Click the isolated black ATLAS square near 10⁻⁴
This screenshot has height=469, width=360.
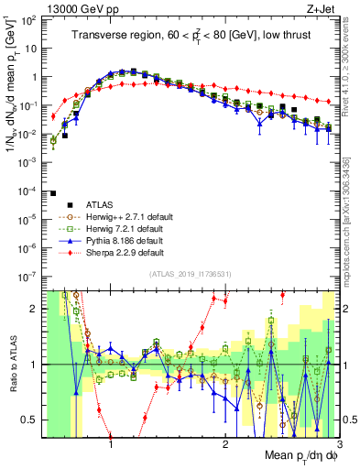53,193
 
